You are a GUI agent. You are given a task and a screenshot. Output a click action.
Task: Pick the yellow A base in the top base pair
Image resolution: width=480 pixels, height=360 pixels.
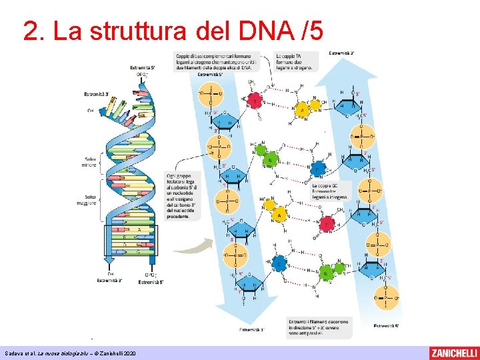click(x=303, y=109)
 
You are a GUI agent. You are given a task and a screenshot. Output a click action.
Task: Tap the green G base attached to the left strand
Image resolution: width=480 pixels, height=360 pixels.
click(x=269, y=160)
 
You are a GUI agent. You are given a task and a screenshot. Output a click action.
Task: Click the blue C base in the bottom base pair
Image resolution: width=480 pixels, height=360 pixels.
click(x=281, y=263)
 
